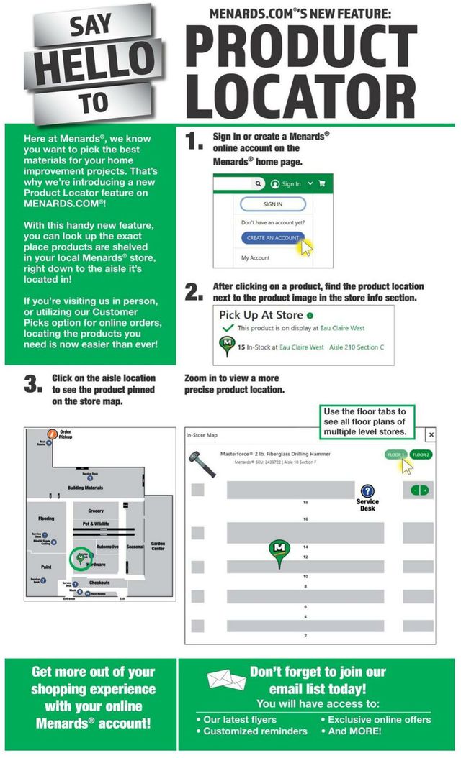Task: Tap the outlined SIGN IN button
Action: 267,204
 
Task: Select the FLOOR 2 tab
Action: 421,455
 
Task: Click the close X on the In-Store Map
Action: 431,435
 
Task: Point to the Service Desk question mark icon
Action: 367,491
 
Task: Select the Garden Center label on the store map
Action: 158,546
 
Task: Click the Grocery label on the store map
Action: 96,511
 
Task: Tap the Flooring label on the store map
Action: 46,518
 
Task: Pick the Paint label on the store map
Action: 45,567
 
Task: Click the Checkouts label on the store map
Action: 99,583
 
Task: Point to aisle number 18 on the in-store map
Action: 305,503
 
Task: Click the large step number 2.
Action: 193,291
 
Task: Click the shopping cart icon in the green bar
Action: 321,183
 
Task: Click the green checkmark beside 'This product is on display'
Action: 228,328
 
